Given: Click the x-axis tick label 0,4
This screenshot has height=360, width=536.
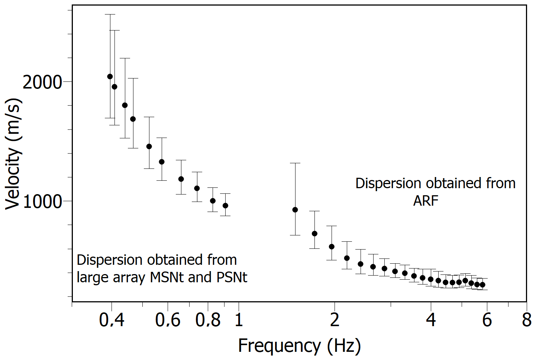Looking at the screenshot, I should [112, 320].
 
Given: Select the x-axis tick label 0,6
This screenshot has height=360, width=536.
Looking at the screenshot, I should [168, 320].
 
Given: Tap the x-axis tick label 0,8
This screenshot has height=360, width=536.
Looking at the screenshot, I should [208, 320].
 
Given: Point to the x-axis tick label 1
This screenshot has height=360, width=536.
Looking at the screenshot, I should [239, 320].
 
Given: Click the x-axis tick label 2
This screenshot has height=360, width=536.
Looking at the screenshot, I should [335, 320].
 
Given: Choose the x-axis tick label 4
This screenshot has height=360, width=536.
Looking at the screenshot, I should [431, 320].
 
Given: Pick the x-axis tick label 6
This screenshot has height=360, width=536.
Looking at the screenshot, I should [487, 320].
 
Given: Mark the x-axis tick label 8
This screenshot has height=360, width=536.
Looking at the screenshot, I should [527, 320].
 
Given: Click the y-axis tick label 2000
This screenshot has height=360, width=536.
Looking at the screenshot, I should [42, 82].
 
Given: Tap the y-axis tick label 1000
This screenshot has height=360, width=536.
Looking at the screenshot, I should [42, 201].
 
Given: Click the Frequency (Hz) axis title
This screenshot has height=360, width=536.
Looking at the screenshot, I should [299, 346].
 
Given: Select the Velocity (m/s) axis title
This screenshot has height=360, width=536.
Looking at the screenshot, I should [13, 154].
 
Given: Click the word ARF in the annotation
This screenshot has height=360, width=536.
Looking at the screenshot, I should [426, 201].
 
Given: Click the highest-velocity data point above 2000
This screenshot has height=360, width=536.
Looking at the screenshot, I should [110, 77].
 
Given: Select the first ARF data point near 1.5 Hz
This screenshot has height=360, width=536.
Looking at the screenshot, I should [295, 210].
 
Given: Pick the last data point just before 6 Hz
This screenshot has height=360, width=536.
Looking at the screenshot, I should [482, 285].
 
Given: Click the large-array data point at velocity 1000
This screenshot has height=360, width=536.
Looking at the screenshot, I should [213, 201].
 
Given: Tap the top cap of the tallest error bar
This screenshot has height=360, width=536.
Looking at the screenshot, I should [110, 15].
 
